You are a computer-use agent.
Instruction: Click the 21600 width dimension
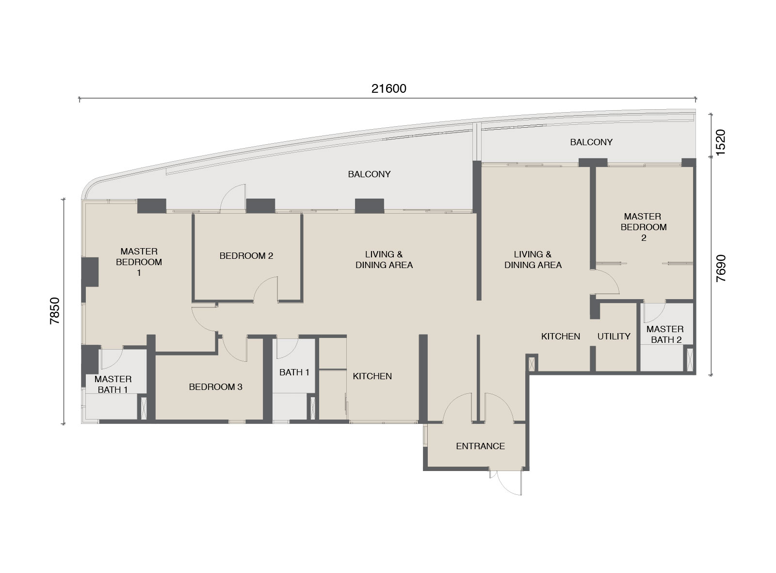388,89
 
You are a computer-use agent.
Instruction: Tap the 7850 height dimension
55,311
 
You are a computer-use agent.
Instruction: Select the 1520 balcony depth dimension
721,143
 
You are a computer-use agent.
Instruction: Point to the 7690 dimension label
721,269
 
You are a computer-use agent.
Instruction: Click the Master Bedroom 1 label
139,262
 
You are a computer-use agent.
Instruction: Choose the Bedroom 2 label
246,256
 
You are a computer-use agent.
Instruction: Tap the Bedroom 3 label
215,387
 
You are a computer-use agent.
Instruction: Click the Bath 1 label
294,372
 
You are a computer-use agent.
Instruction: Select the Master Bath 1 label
113,384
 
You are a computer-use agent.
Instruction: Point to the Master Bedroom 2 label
643,227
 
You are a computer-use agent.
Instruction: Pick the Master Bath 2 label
665,335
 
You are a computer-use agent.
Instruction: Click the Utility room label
614,336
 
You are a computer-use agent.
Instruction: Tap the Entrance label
480,446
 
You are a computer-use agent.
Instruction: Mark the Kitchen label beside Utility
561,336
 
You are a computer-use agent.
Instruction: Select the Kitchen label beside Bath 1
372,376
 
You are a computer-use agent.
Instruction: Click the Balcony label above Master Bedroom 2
591,142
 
